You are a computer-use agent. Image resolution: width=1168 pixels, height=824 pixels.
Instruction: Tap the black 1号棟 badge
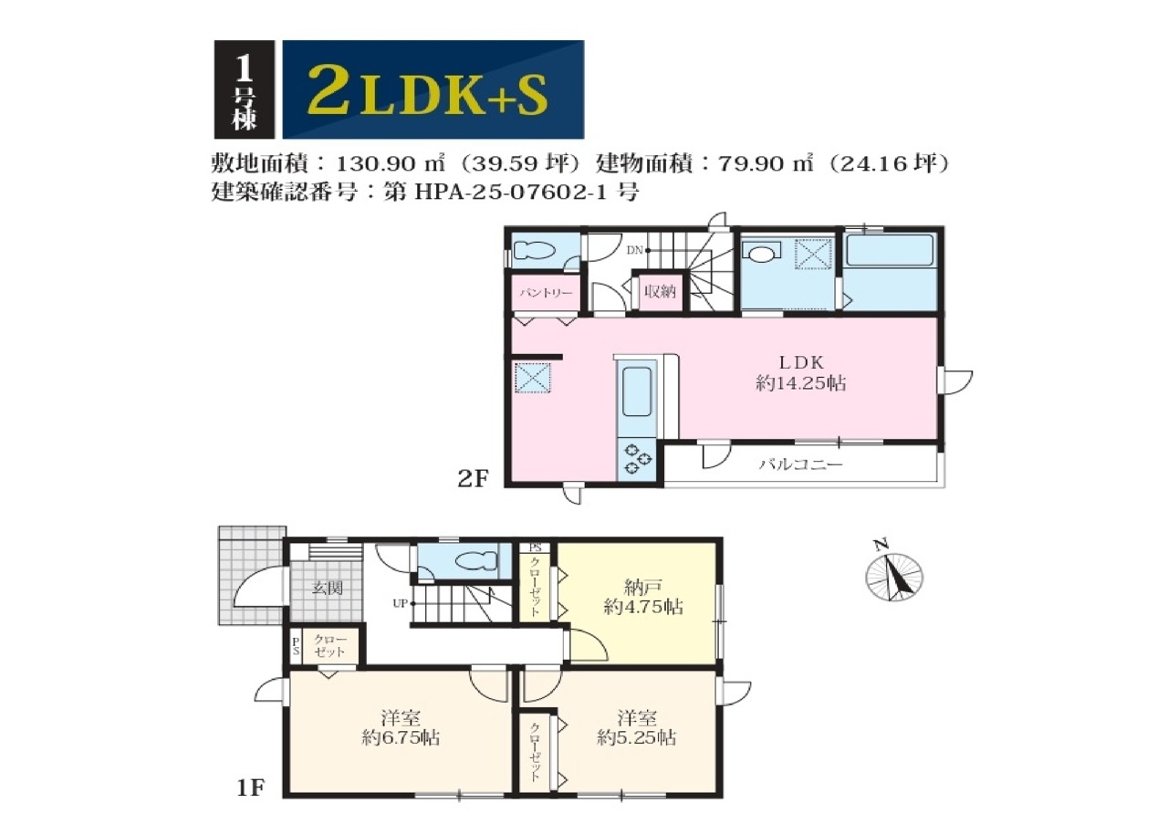coord(244,89)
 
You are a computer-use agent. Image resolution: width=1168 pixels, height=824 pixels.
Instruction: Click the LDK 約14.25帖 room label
coord(801,373)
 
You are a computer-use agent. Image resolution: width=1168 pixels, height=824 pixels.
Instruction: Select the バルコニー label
coord(800,464)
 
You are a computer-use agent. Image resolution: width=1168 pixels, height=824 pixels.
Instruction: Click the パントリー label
coord(546,293)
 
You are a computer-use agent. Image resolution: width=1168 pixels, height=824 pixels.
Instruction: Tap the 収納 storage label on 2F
coord(660,291)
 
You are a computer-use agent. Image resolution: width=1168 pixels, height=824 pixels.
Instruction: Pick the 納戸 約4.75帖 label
coord(643,597)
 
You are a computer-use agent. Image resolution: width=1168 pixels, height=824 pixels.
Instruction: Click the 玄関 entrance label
coord(328,588)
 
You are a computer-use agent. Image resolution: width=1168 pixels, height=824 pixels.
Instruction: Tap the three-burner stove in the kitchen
coord(637,458)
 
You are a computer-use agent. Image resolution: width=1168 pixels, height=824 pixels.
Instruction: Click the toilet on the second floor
coord(535,251)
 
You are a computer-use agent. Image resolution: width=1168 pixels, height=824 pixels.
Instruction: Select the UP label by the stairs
coord(400,603)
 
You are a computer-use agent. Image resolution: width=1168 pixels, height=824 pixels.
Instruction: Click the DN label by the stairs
coord(634,250)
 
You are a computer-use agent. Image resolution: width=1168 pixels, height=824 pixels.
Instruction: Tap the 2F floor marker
coord(473,479)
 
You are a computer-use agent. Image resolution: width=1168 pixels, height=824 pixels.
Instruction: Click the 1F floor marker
coord(250,802)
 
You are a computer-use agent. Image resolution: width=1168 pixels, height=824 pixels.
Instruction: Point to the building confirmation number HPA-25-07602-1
coord(512,193)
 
